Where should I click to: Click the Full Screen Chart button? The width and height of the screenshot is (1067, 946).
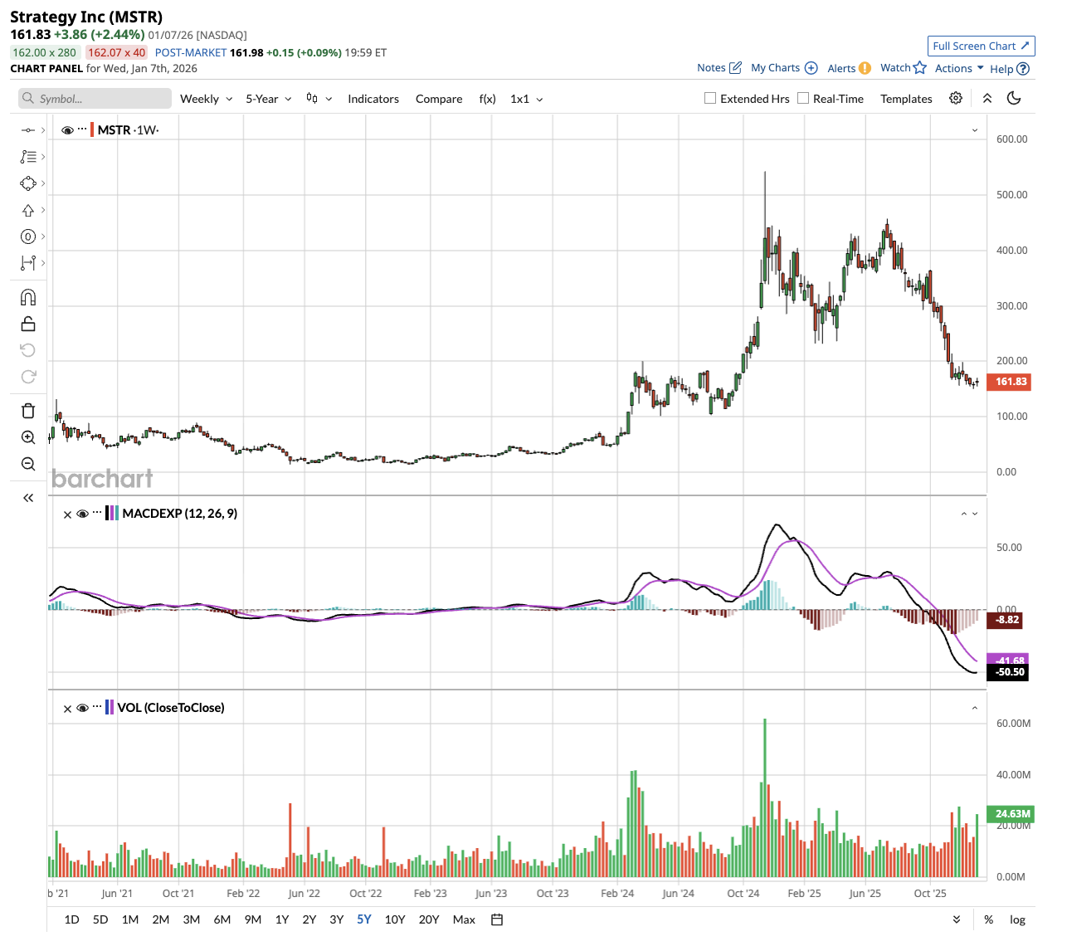(x=981, y=46)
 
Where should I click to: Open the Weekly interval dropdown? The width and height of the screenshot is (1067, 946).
(x=206, y=99)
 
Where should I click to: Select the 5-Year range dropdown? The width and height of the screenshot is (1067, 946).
(x=268, y=99)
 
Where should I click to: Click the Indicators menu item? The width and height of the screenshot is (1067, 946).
(x=373, y=99)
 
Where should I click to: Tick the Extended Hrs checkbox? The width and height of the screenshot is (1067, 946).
(x=710, y=98)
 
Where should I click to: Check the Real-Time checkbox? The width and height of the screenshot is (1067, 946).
(x=803, y=98)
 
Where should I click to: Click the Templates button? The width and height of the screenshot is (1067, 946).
(x=906, y=99)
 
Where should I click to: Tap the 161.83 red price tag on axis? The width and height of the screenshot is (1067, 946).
(x=1010, y=382)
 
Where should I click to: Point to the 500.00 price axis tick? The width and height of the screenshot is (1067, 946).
(x=1011, y=195)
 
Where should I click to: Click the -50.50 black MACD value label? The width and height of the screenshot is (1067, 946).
(x=1008, y=672)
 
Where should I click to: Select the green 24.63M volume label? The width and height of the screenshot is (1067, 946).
(x=1010, y=814)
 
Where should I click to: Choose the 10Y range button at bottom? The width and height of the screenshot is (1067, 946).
(x=395, y=919)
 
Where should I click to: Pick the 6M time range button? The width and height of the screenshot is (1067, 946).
(x=222, y=919)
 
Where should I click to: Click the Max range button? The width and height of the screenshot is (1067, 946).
(x=464, y=919)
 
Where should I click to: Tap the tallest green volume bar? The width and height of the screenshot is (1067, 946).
(x=765, y=797)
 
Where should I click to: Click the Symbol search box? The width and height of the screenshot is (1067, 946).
(x=95, y=99)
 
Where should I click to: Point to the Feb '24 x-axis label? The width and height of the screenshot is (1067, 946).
(x=617, y=894)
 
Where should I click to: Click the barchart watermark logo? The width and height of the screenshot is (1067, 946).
(x=102, y=479)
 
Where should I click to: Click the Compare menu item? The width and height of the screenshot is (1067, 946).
(x=439, y=99)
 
